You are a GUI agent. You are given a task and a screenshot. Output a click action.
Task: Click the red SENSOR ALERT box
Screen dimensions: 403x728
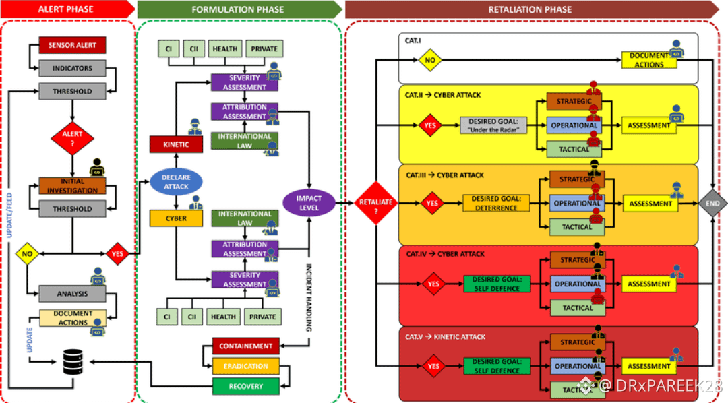point(72,45)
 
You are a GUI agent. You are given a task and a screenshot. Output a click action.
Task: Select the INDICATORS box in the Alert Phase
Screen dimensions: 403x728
point(72,68)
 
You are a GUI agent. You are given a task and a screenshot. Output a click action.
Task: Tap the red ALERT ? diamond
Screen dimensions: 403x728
point(72,137)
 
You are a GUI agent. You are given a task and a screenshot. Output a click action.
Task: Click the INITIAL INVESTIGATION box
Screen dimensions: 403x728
point(72,185)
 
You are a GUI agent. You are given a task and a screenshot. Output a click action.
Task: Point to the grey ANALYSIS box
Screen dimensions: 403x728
point(72,294)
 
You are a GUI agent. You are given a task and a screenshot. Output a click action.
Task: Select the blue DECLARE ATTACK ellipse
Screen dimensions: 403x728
point(177,181)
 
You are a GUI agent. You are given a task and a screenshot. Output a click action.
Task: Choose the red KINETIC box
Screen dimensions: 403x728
point(177,144)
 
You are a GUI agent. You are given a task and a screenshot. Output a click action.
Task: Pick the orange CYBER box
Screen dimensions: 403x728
point(177,218)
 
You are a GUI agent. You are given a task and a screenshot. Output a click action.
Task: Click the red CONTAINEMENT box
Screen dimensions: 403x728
point(245,346)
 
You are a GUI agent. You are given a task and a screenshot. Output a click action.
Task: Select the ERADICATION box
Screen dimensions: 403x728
point(245,367)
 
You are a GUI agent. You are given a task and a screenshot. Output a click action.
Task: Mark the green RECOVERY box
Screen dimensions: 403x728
point(245,387)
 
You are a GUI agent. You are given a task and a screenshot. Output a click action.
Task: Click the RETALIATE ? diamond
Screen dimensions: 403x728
point(375,203)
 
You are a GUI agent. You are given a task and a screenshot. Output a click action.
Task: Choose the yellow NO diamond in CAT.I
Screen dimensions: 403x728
point(429,60)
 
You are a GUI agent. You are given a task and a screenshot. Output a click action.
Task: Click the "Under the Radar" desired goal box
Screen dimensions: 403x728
point(494,125)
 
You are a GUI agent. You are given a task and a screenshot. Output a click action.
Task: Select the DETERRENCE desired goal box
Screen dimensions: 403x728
point(497,203)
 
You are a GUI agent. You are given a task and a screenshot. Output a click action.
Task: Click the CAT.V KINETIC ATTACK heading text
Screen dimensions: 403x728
point(446,336)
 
